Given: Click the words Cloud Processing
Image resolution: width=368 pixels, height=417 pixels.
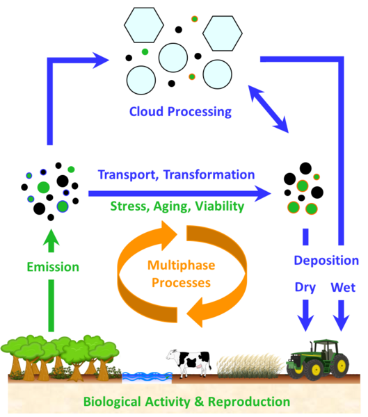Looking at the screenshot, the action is click(x=180, y=112).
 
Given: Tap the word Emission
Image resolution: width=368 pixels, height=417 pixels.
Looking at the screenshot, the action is click(x=53, y=267).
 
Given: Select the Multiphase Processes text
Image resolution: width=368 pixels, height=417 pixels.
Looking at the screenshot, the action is click(x=182, y=274).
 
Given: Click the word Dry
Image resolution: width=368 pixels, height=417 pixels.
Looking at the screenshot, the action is click(x=305, y=288).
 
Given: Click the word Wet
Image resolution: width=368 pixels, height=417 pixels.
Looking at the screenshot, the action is click(x=343, y=287).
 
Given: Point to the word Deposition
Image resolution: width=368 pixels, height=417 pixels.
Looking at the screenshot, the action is click(x=326, y=261).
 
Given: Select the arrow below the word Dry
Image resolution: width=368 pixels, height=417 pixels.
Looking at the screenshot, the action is click(x=305, y=316).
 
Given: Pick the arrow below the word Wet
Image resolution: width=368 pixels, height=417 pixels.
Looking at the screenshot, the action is click(x=341, y=316).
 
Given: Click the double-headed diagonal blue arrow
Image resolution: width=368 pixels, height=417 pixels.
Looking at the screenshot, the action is click(x=268, y=109).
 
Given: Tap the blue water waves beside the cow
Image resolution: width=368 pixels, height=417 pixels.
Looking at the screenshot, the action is click(x=147, y=377).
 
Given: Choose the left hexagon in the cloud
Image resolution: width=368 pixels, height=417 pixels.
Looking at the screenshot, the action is click(x=144, y=25).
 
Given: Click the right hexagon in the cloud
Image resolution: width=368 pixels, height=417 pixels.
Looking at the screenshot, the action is click(x=223, y=33).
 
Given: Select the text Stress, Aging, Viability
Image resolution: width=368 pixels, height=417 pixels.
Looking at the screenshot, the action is click(x=177, y=206).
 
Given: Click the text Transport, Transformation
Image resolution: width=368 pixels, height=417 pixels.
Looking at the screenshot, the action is click(x=176, y=174).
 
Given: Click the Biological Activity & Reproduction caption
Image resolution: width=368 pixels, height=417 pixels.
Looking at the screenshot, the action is click(x=186, y=402).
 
